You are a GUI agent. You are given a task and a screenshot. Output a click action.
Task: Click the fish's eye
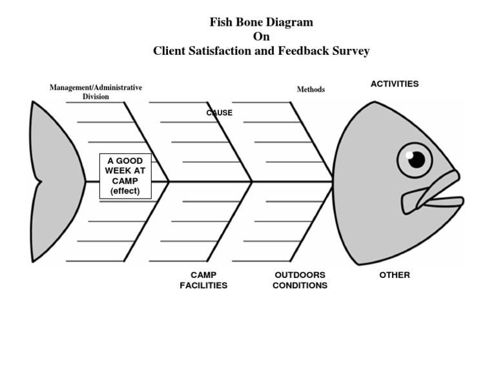point(415,159)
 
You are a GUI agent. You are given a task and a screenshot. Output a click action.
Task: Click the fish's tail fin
point(55,181)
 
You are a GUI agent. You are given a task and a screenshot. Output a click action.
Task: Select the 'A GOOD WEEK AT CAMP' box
point(125,176)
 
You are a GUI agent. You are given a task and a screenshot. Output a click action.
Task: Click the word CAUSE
point(220,113)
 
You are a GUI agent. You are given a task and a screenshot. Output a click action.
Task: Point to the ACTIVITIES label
point(394,84)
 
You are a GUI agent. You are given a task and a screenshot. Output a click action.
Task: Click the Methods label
point(311,90)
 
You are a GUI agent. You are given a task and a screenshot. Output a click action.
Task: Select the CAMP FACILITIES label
point(203,280)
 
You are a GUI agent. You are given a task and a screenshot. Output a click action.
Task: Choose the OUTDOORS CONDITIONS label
point(300,280)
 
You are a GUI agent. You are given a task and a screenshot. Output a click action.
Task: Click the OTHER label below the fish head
point(394,275)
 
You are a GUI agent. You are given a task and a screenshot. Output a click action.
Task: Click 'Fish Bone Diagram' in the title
point(261,22)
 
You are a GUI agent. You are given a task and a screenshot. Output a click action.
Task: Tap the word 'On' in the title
point(261,37)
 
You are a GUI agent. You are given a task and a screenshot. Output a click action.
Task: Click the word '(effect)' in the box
point(125,191)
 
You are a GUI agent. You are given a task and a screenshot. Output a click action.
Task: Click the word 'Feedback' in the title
point(301,51)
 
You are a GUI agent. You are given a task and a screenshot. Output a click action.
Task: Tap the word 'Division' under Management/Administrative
point(96,97)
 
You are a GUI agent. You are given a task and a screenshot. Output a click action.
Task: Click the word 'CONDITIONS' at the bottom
point(300,285)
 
